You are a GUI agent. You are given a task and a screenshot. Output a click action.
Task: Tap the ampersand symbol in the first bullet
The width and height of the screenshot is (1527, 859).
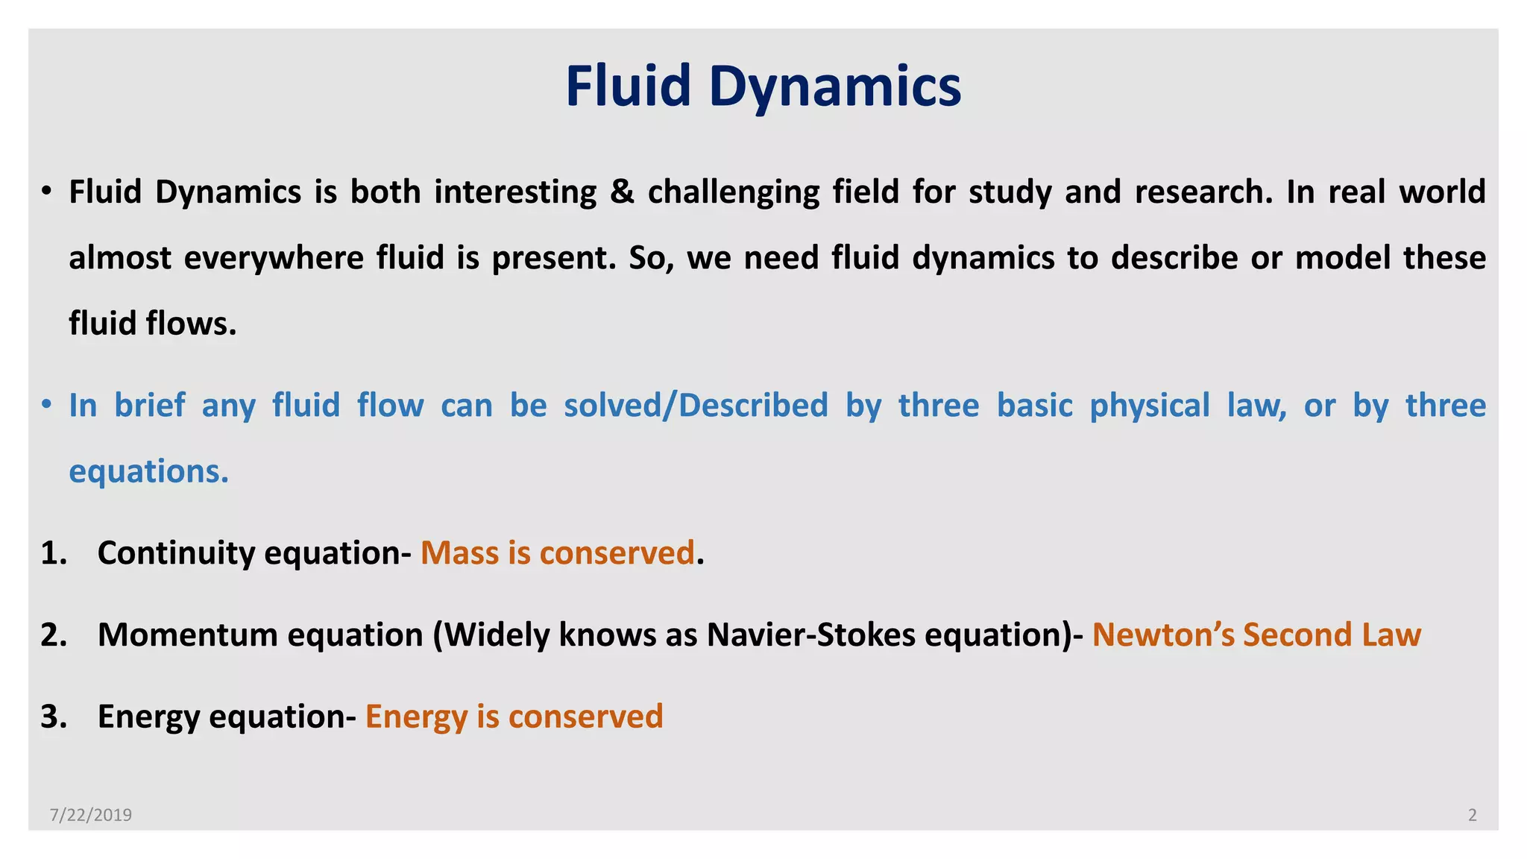point(622,192)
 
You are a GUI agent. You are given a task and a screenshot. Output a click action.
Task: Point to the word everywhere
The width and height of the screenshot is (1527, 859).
point(273,258)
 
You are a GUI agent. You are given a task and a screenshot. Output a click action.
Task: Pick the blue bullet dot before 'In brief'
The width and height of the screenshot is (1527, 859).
point(47,405)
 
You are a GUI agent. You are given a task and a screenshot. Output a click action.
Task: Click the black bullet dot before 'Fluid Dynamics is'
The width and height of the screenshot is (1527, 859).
point(47,192)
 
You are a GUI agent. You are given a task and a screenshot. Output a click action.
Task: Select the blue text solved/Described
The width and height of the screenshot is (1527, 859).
point(696,405)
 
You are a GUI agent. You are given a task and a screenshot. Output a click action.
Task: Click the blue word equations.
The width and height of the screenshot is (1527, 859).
point(148,472)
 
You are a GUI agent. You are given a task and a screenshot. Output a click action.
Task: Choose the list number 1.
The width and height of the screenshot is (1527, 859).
point(54,553)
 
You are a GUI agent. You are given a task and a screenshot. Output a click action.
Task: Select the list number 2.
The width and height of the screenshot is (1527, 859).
point(54,635)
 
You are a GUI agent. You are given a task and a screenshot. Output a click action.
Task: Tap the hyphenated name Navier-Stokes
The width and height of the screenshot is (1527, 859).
point(810,635)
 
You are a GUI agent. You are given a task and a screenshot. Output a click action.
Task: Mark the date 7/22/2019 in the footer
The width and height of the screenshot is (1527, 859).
point(91,815)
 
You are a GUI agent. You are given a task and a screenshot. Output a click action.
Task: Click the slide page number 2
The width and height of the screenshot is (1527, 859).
point(1472,815)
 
